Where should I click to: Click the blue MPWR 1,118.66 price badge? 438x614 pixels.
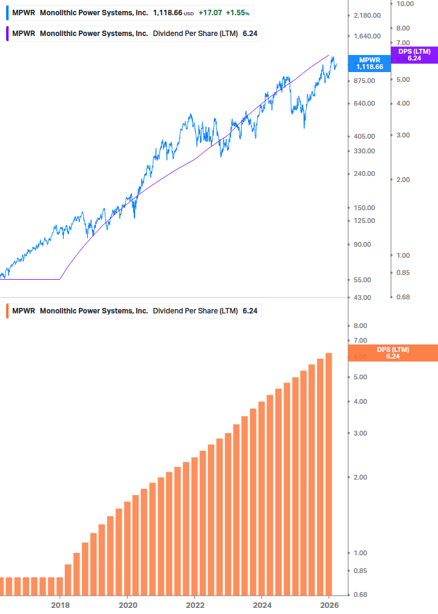click(x=370, y=63)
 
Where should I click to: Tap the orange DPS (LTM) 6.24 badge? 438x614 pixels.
click(x=392, y=353)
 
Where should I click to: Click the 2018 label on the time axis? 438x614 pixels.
click(x=60, y=605)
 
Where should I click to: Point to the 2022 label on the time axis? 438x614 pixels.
click(x=194, y=605)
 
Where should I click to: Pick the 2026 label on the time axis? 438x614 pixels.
click(x=329, y=605)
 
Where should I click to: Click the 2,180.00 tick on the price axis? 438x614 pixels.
click(x=368, y=15)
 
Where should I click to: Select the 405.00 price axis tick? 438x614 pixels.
click(x=368, y=136)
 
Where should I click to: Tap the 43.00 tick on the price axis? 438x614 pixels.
click(x=368, y=298)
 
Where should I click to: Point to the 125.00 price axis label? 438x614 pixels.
click(x=368, y=221)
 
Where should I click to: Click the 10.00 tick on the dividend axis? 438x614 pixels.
click(x=406, y=4)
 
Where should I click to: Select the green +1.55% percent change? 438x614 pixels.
click(x=238, y=12)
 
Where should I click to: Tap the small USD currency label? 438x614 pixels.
click(x=189, y=13)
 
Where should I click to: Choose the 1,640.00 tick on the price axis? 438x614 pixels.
click(x=368, y=36)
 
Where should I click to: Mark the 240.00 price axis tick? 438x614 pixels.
click(x=368, y=174)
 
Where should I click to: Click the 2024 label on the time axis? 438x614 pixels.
click(x=261, y=605)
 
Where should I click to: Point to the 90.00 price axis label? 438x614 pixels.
click(x=368, y=244)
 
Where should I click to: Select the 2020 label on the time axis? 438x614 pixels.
click(x=127, y=605)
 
